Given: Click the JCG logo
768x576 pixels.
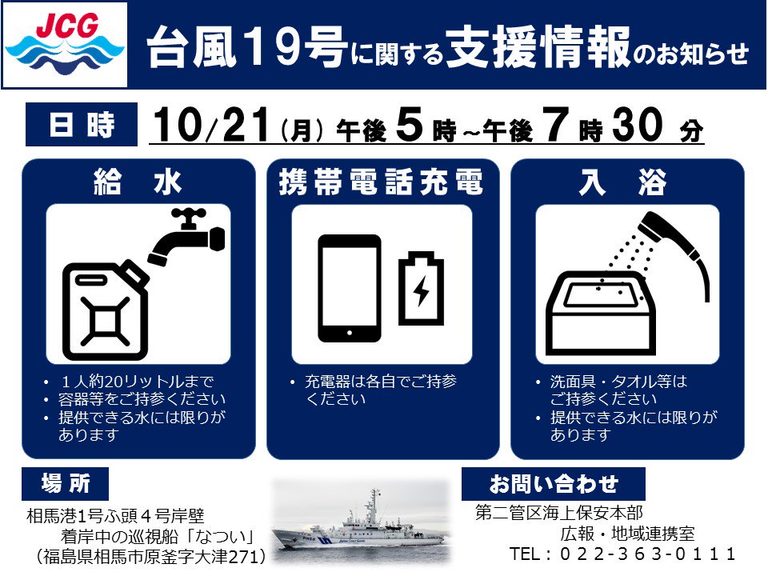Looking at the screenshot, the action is click(x=65, y=45).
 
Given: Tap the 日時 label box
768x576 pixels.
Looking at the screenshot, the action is click(x=82, y=125).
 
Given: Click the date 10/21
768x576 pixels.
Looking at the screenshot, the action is click(x=211, y=126).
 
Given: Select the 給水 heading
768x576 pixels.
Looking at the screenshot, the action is click(x=138, y=182).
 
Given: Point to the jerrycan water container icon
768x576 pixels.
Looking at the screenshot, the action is click(x=106, y=310).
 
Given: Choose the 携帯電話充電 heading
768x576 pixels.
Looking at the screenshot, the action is click(x=381, y=182).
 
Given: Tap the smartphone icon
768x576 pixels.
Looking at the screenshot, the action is click(x=350, y=289).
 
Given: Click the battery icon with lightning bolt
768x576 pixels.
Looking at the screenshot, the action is click(x=422, y=289).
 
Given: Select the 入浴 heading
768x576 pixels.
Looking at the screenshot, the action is click(x=622, y=182).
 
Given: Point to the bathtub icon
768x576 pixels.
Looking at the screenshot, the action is click(x=601, y=313).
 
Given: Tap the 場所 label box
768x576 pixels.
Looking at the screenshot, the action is click(x=65, y=484).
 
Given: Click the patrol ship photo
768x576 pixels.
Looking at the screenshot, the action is click(x=361, y=523).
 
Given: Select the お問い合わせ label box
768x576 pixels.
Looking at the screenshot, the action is click(x=554, y=484).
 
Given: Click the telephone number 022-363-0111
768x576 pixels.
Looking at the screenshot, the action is click(x=647, y=554).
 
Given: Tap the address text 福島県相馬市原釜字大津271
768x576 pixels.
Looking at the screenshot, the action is click(x=151, y=557).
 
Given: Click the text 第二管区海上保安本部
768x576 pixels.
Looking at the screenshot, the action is click(x=559, y=513).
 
